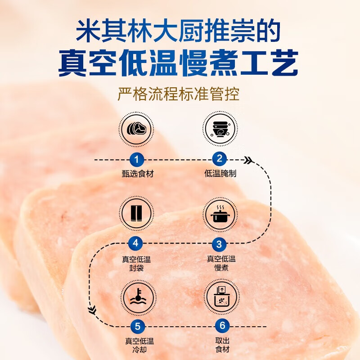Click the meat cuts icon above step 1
[x=137, y=129]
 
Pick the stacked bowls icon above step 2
[x=220, y=129]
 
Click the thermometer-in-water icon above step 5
[x=137, y=296]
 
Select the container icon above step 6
[x=220, y=296]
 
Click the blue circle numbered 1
[x=137, y=159]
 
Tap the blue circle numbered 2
[x=220, y=159]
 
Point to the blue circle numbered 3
[x=220, y=244]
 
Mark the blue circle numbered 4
[x=137, y=244]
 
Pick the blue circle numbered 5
[x=137, y=326]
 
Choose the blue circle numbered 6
[x=220, y=326]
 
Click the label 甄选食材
[x=137, y=174]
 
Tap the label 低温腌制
[x=220, y=174]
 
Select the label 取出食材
[x=220, y=345]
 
